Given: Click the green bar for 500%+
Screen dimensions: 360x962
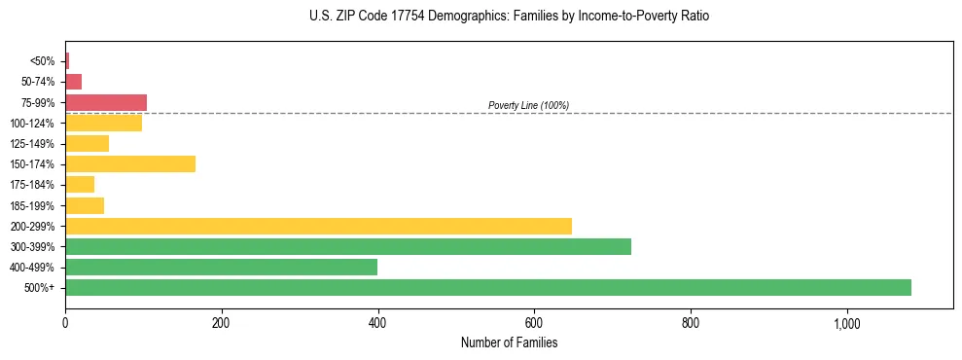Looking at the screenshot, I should click(x=487, y=287).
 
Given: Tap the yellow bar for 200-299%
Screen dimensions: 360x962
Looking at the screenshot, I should click(x=318, y=226).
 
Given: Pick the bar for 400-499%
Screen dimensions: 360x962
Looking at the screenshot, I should click(x=221, y=267).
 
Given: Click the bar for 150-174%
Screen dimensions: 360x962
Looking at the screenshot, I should click(x=130, y=163).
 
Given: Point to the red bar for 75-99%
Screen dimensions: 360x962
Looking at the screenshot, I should click(x=106, y=102).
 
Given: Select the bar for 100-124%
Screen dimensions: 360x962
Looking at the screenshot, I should click(x=103, y=123).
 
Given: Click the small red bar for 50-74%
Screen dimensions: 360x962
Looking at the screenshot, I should click(x=73, y=82).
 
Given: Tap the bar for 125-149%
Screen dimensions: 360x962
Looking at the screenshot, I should click(x=87, y=143).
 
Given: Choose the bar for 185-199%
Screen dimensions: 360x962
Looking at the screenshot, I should click(x=85, y=205).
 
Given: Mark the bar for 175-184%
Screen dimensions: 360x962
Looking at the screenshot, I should click(x=80, y=184).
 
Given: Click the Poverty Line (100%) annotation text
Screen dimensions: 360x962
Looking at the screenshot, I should click(x=528, y=105).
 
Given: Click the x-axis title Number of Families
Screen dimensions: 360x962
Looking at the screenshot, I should click(x=509, y=342).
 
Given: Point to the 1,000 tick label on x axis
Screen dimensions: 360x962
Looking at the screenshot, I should click(x=846, y=323).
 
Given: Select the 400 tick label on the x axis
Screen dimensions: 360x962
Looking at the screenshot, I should click(x=377, y=323).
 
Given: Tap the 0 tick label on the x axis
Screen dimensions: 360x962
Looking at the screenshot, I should click(x=65, y=323).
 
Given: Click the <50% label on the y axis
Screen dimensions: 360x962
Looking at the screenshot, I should click(x=43, y=61).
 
